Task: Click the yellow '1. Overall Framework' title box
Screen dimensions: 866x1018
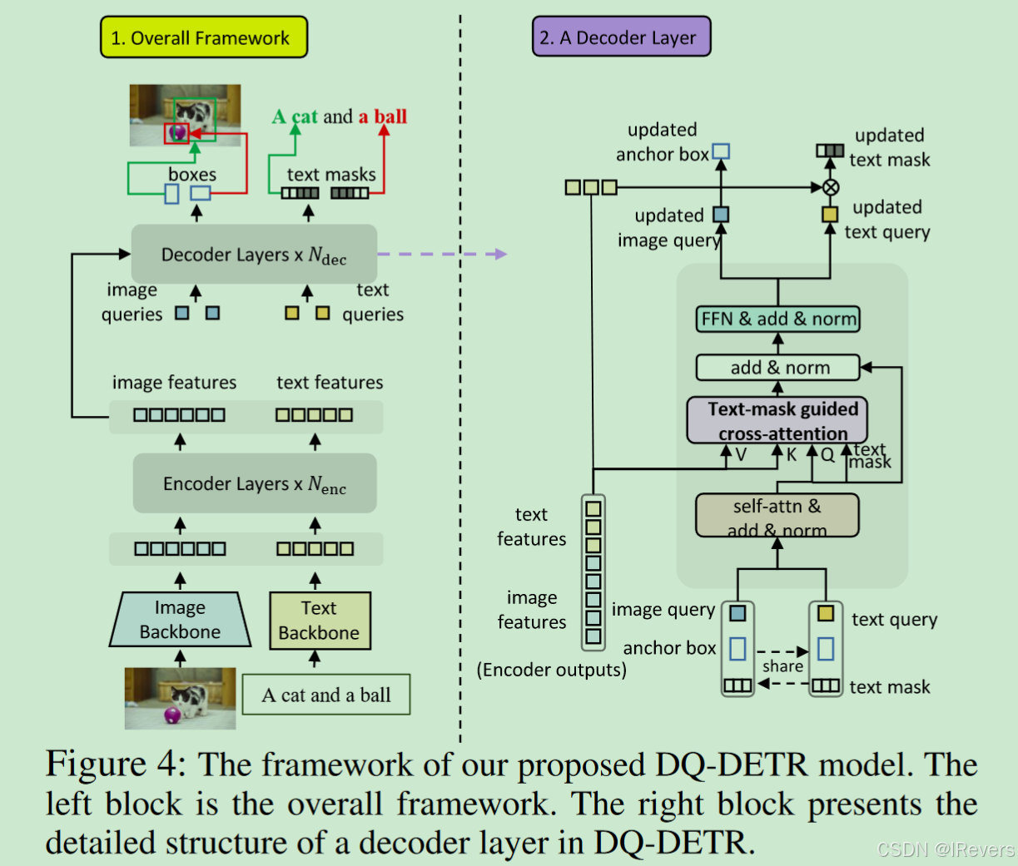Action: pos(204,37)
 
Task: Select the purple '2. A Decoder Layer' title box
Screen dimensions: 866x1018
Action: pos(621,37)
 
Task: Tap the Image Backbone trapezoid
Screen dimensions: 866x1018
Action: pos(180,620)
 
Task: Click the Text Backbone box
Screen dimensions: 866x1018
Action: pos(320,621)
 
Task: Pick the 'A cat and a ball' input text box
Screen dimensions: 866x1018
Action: pos(326,695)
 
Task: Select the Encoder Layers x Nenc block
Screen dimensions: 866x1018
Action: pos(255,483)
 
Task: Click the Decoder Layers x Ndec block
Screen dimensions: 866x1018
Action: pos(254,254)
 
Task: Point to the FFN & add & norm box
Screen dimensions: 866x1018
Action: pos(778,319)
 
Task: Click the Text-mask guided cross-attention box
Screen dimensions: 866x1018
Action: pos(777,421)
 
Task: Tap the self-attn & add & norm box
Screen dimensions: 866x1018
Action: pos(777,517)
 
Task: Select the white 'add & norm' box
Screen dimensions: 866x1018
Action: pos(778,368)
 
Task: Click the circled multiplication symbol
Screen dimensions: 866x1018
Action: pos(830,187)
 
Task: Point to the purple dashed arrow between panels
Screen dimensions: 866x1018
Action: pos(441,254)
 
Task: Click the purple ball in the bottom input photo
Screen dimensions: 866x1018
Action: pos(173,715)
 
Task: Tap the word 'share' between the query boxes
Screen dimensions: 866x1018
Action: pos(782,666)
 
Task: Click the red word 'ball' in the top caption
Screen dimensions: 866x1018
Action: pos(390,116)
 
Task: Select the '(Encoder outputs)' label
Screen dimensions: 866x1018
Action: pos(551,670)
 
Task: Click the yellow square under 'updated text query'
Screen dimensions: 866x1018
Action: pos(830,215)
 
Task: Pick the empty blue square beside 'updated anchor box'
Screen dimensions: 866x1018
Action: pos(722,151)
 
